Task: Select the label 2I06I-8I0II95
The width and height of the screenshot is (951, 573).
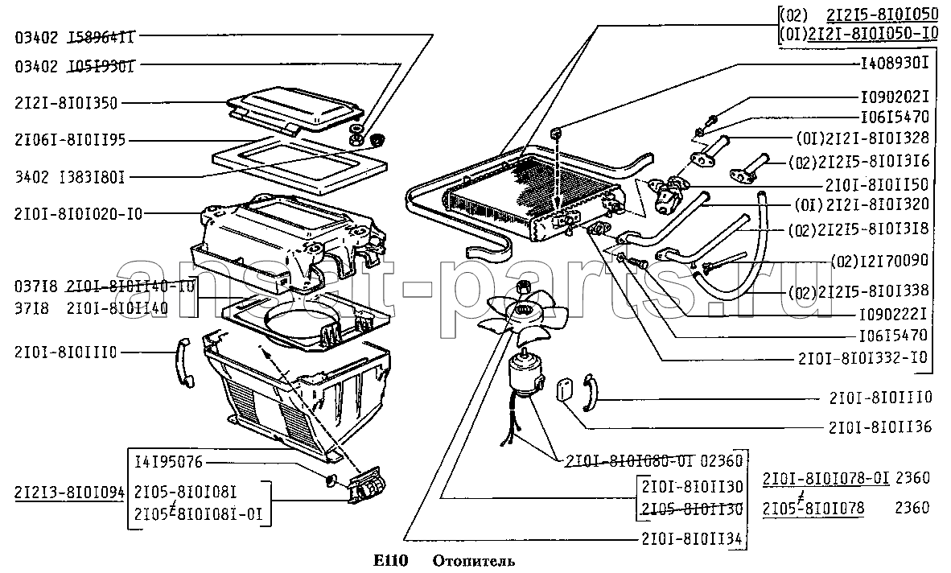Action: [x=70, y=139]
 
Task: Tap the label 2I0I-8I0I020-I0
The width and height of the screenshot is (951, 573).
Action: [x=78, y=213]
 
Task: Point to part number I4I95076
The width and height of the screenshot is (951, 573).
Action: [x=169, y=462]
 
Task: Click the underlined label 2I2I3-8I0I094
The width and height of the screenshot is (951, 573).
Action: [x=69, y=491]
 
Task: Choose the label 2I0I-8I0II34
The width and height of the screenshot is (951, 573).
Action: [x=694, y=538]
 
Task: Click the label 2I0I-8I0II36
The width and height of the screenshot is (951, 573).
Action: [x=879, y=427]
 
